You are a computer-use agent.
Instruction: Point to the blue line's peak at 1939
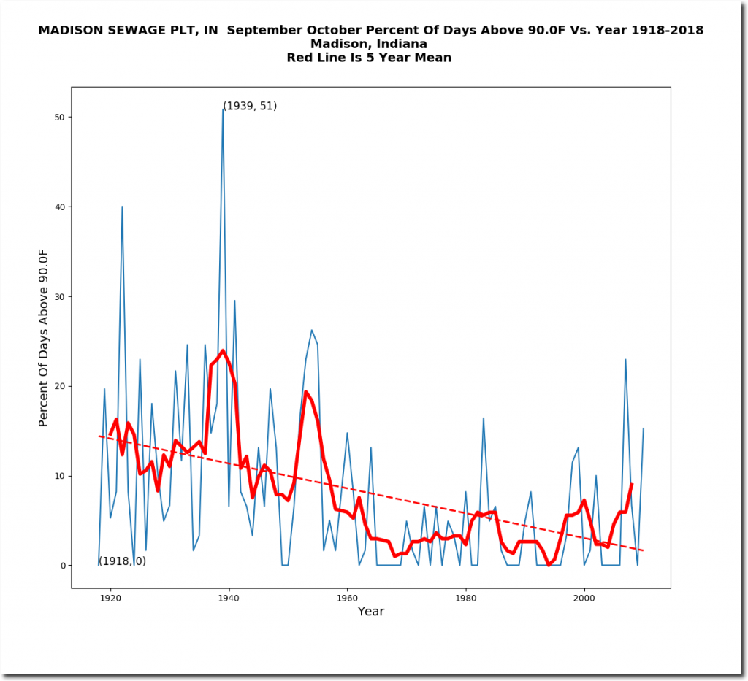pos(223,109)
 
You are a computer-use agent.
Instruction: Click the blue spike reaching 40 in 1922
pos(122,207)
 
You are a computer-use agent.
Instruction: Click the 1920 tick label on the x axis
pos(110,599)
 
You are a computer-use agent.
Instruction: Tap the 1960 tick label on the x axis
pos(347,599)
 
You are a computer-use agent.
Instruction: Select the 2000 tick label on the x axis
pos(584,599)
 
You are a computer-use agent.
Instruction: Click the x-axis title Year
pos(370,612)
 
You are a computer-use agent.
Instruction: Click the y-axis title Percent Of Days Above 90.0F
pos(44,337)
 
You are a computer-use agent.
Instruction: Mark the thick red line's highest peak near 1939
pos(223,350)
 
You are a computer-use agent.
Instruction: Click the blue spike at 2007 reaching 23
pos(625,359)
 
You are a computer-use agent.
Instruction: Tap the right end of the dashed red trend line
pos(643,550)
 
